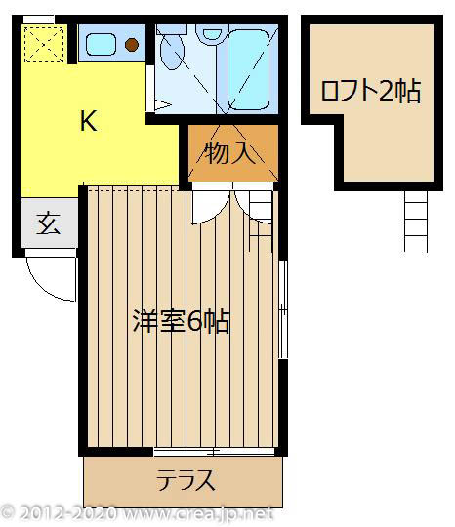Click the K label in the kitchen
coord(87,122)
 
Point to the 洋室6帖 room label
coord(182,322)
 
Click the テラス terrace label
coord(186,480)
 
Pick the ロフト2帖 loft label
coord(370,92)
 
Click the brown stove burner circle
coord(132,44)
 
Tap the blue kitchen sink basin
coord(101,43)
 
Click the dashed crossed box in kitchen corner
coord(43,43)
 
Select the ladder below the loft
coord(415,220)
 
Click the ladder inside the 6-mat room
coord(261,210)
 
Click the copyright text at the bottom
coord(137,513)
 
